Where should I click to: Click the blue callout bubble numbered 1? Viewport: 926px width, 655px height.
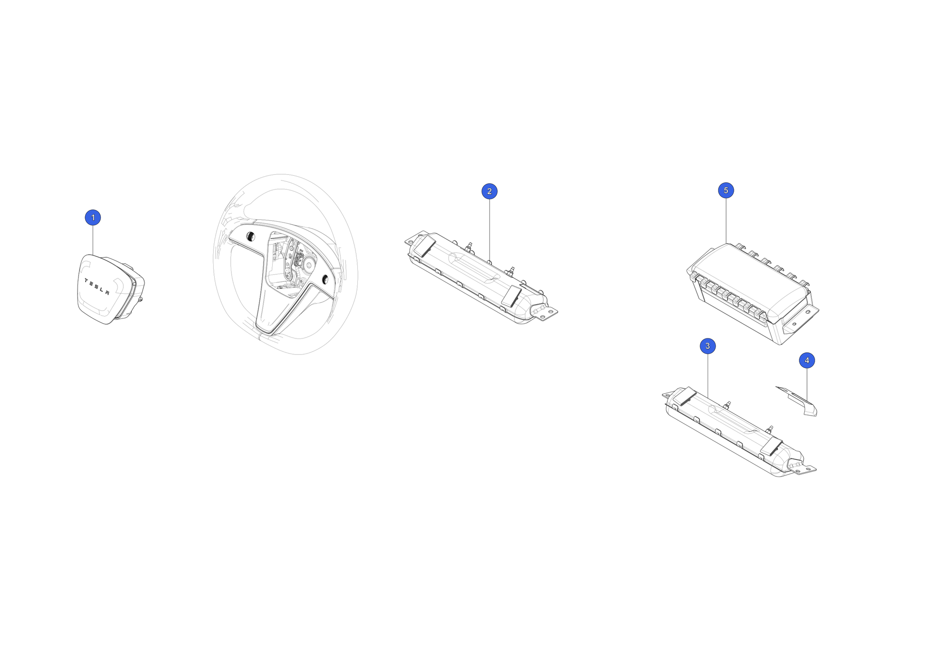click(93, 218)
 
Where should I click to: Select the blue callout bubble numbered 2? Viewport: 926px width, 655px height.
click(489, 191)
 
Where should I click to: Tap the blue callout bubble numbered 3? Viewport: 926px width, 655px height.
click(708, 346)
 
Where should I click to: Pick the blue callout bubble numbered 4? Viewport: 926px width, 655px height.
click(807, 360)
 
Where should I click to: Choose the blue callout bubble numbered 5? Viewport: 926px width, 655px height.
click(726, 190)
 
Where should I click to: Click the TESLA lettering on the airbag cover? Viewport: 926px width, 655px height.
click(97, 287)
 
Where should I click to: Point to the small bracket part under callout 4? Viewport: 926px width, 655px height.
click(797, 401)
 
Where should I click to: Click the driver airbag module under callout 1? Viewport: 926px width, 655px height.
click(110, 289)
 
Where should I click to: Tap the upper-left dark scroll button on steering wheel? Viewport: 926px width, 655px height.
click(250, 236)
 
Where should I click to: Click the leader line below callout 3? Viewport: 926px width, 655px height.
click(708, 376)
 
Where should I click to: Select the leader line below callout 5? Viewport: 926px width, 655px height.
click(726, 221)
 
